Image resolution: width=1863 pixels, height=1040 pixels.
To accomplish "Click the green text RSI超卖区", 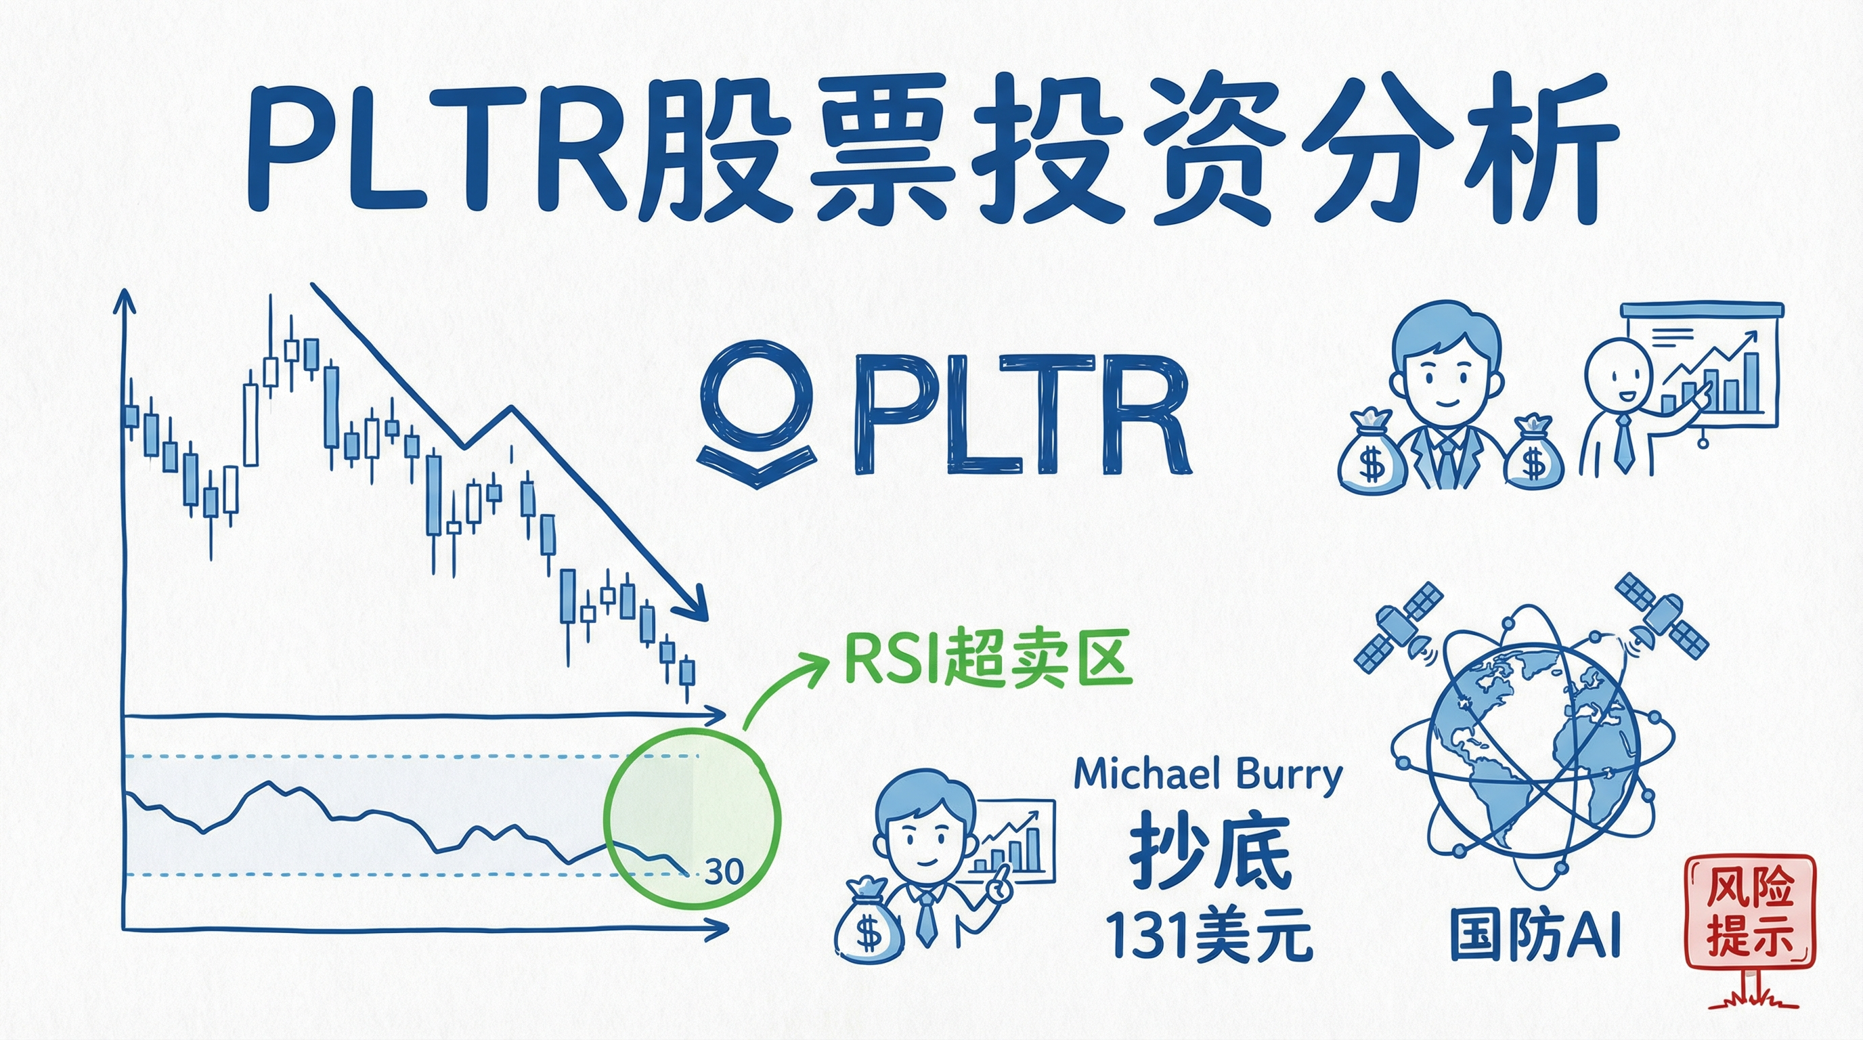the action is [x=986, y=660].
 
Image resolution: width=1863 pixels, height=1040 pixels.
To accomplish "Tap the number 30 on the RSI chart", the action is [x=724, y=872].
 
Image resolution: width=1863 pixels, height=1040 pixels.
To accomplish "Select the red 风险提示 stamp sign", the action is [x=1749, y=912].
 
